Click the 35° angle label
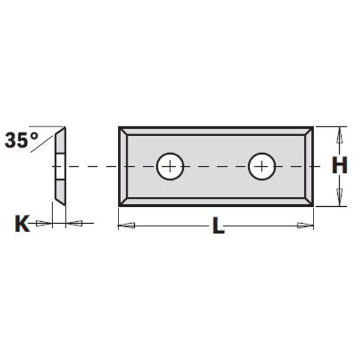click(21, 139)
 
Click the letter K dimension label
click(21, 225)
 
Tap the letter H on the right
click(338, 166)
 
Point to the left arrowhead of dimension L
click(126, 226)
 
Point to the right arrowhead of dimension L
click(305, 226)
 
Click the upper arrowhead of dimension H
click(338, 135)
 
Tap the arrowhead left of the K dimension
click(45, 224)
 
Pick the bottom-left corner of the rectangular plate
click(120, 206)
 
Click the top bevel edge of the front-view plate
click(217, 132)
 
